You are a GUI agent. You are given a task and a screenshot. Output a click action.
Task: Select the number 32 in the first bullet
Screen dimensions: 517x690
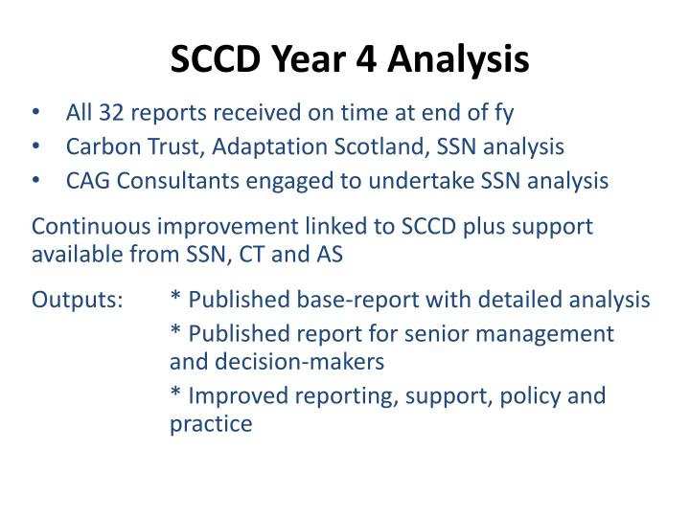click(107, 113)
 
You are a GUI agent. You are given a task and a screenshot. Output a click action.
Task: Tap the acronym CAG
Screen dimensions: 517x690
click(87, 180)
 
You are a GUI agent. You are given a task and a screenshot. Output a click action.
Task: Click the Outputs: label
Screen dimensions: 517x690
click(77, 300)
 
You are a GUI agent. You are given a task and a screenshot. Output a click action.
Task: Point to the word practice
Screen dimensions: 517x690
click(211, 423)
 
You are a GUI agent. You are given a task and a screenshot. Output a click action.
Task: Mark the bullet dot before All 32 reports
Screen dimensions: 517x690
click(36, 114)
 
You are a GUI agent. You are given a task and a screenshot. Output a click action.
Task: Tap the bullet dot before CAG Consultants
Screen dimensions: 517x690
click(36, 181)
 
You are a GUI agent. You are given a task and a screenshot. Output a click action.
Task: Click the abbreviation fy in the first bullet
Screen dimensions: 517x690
click(503, 113)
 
